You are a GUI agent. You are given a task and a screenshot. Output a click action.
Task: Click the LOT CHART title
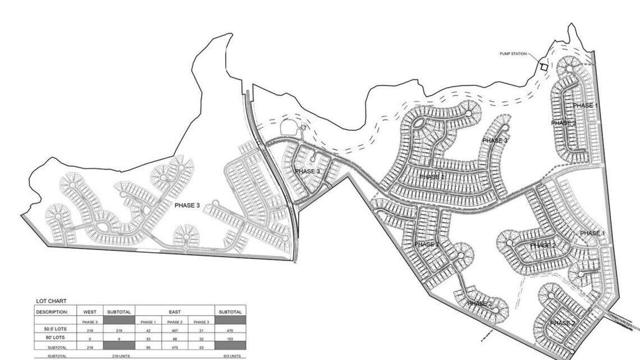pyautogui.click(x=51, y=302)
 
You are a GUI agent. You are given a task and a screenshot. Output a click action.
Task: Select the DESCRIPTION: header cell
pyautogui.click(x=52, y=312)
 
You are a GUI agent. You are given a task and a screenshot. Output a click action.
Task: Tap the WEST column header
pyautogui.click(x=90, y=312)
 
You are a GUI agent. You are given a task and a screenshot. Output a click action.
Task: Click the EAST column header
pyautogui.click(x=175, y=312)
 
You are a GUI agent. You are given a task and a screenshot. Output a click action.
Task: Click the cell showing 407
pyautogui.click(x=175, y=331)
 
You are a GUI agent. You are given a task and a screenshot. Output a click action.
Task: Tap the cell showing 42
pyautogui.click(x=148, y=331)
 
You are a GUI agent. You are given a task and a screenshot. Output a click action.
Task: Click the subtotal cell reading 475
pyautogui.click(x=175, y=348)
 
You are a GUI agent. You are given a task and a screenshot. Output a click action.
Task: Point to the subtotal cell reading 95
pyautogui.click(x=148, y=348)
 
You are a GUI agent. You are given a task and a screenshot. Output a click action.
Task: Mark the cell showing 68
pyautogui.click(x=175, y=339)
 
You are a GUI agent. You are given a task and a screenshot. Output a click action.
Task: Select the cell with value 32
pyautogui.click(x=202, y=339)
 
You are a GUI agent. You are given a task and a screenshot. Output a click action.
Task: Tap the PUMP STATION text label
pyautogui.click(x=513, y=54)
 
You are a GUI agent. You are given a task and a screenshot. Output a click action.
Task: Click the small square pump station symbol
pyautogui.click(x=543, y=67)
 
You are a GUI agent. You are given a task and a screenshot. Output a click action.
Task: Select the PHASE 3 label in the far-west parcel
pyautogui.click(x=187, y=206)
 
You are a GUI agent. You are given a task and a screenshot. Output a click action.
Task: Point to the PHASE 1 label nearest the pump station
pyautogui.click(x=585, y=106)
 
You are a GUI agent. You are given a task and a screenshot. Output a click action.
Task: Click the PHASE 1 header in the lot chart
pyautogui.click(x=148, y=322)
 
